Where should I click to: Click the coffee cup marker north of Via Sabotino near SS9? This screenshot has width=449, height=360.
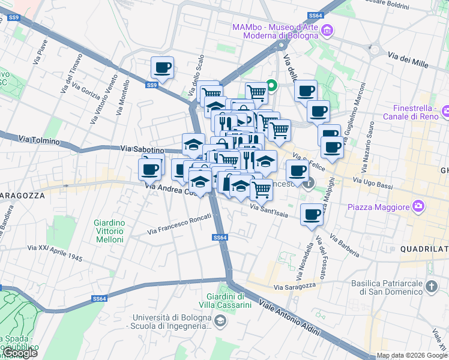161,68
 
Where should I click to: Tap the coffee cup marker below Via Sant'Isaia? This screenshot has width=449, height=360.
311,214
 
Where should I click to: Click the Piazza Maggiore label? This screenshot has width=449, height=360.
377,208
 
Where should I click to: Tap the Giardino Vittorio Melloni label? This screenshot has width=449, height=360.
109,231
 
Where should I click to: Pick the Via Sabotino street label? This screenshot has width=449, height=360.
142,148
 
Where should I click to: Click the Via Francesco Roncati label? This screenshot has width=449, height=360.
179,223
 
